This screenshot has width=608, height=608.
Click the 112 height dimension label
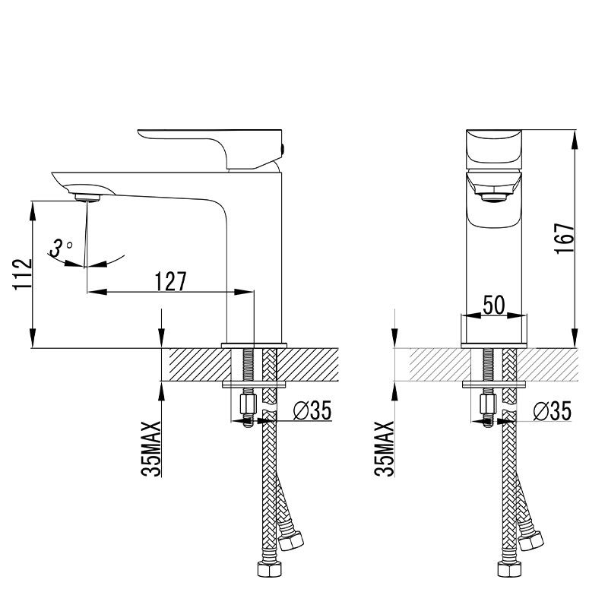22,274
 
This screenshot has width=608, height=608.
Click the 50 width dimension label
494,304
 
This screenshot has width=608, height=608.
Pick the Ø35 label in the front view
553,410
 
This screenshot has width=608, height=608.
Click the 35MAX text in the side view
152,448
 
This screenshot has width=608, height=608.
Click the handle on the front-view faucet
495,147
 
